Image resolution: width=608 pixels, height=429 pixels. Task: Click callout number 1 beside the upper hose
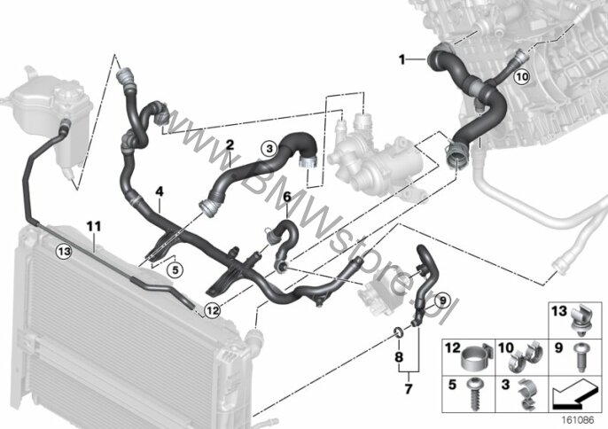point(401,59)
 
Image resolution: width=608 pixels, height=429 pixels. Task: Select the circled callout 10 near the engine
point(522,77)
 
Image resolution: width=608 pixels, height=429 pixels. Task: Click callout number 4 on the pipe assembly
point(159,191)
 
